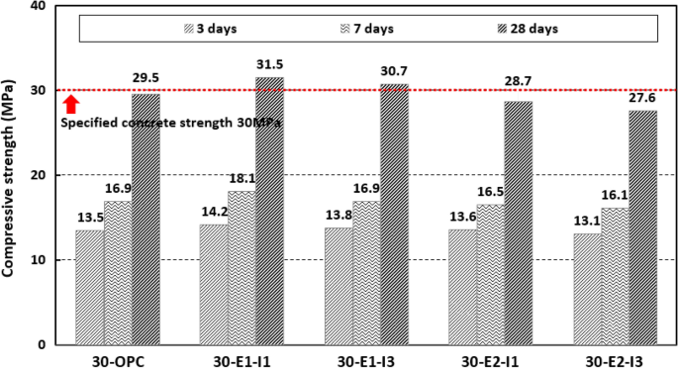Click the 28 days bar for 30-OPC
point(145,219)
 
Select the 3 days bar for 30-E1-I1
point(213,284)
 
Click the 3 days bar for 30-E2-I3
point(587,289)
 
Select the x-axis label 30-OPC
point(118,359)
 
